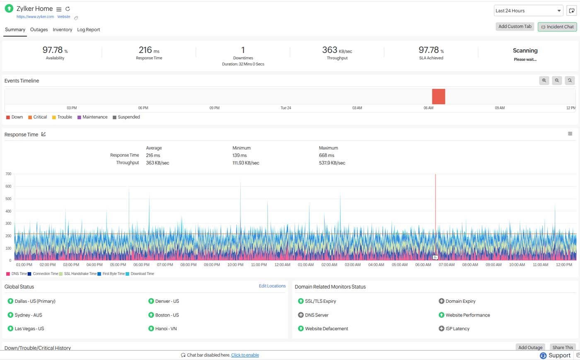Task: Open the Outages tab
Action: [39, 30]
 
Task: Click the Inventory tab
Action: [62, 30]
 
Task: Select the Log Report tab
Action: [88, 30]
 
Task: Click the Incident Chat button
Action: [557, 27]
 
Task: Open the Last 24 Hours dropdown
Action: [528, 11]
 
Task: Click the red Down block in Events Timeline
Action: [438, 97]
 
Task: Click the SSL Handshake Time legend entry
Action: [80, 274]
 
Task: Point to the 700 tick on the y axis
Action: [8, 174]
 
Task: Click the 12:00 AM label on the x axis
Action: [282, 265]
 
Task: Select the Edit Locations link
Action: [272, 286]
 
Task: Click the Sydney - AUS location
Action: [28, 315]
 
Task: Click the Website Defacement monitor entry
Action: [326, 329]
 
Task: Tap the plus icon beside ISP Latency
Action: [441, 329]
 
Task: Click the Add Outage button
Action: [530, 348]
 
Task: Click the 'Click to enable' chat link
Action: [245, 355]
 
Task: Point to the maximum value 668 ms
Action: [326, 156]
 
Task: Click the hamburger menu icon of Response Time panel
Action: [570, 134]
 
